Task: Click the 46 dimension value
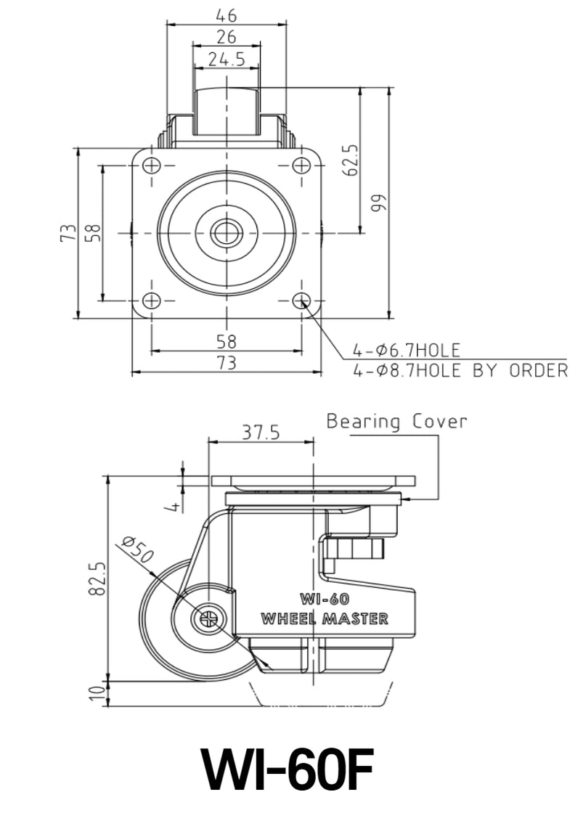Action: tap(227, 14)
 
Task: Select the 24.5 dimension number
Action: tap(227, 60)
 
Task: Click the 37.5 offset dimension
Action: tap(260, 433)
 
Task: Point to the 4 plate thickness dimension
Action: tap(173, 506)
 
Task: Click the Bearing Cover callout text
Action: tap(396, 421)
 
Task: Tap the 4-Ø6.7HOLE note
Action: tap(407, 351)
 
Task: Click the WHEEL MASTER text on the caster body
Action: tap(324, 618)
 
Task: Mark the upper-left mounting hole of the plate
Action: tap(151, 166)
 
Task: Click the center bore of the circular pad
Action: tap(227, 232)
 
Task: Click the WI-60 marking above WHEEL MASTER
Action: tap(324, 600)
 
